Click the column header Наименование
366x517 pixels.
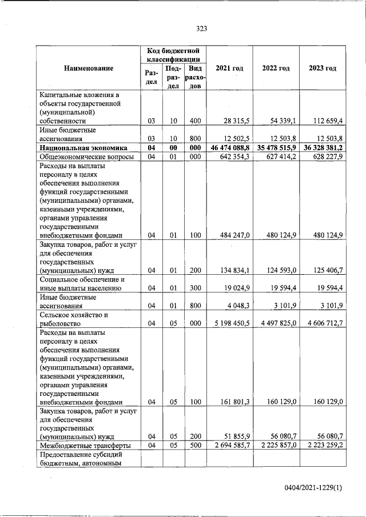click(89, 69)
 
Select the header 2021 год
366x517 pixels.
click(229, 69)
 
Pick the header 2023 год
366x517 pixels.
click(323, 69)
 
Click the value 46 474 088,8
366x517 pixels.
click(230, 147)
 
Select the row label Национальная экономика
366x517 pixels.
click(79, 147)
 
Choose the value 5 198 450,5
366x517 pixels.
click(232, 323)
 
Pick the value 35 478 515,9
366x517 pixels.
click(276, 147)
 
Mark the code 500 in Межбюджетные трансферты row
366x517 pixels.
click(194, 445)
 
